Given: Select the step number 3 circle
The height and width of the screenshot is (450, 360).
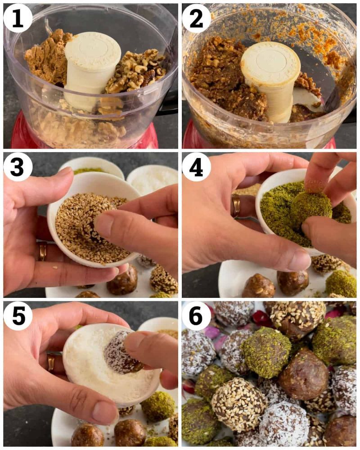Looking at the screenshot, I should (x=18, y=167).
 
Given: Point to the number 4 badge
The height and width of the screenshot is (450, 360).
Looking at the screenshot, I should (x=196, y=167).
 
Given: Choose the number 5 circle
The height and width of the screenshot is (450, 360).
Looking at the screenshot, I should (x=18, y=316).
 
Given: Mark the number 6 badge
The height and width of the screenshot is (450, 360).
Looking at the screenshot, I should (x=196, y=316).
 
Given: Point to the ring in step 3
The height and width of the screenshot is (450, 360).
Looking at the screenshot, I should (x=42, y=251).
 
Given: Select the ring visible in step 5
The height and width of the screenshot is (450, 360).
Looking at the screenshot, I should (x=50, y=362).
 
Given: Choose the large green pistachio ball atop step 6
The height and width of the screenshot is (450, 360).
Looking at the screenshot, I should (x=266, y=351).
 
